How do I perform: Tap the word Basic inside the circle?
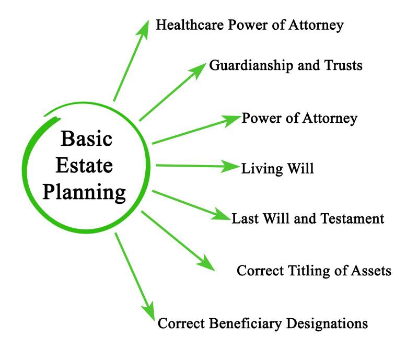pyautogui.click(x=86, y=141)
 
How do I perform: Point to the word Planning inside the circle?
pyautogui.click(x=85, y=193)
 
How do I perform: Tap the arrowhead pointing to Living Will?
pyautogui.click(x=232, y=167)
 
